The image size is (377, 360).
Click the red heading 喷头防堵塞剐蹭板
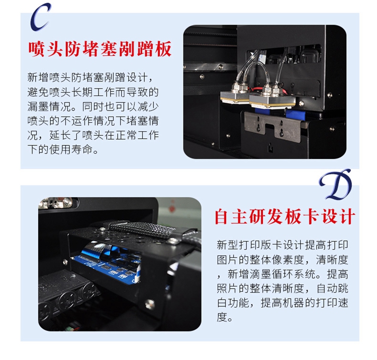click(x=100, y=49)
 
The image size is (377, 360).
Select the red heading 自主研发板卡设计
click(x=285, y=216)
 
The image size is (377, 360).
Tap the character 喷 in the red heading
click(x=37, y=49)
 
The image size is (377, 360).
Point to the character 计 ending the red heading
click(x=347, y=216)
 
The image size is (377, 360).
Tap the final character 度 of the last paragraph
click(x=222, y=317)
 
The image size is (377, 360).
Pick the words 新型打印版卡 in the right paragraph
click(x=249, y=245)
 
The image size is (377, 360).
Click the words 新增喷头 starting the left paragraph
click(x=49, y=77)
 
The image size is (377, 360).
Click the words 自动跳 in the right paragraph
click(x=333, y=288)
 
